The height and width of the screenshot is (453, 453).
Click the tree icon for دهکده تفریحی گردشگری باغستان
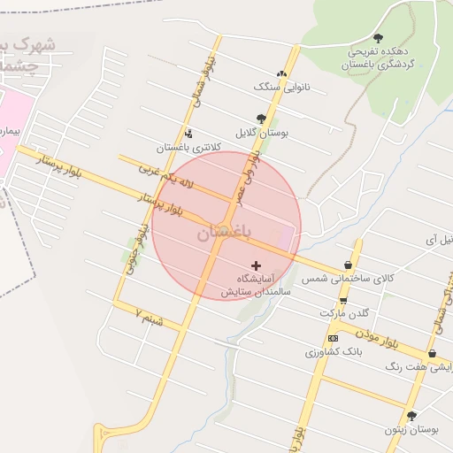point(379,38)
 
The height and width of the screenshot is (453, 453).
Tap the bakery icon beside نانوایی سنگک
point(281,74)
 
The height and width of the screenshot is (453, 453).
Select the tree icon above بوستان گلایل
point(261,118)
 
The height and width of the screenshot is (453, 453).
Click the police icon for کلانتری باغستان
point(188,134)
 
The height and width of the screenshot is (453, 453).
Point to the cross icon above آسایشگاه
point(257,265)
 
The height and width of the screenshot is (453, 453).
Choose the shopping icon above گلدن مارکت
point(343,300)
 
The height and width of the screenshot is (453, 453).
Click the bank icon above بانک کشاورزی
point(333,338)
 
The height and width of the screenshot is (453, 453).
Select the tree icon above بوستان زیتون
point(411,415)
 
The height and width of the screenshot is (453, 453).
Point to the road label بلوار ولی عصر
point(247,174)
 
